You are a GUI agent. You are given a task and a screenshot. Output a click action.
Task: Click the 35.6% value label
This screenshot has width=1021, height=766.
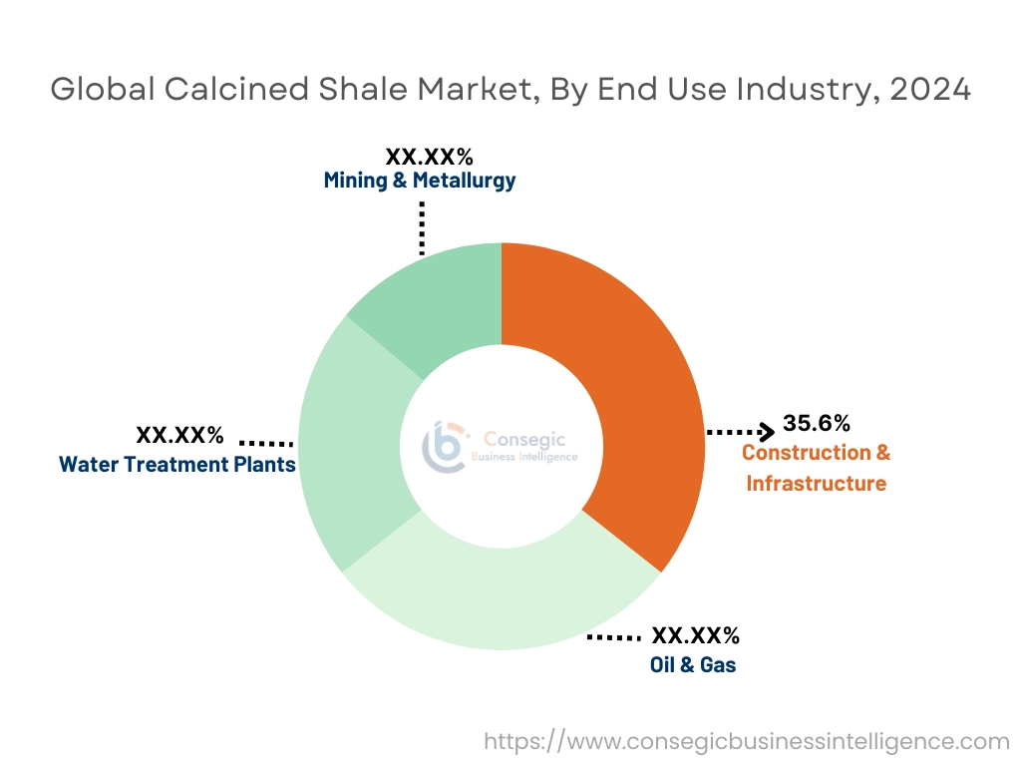coord(816,423)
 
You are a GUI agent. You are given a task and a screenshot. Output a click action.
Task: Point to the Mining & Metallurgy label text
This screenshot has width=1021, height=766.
coord(420,181)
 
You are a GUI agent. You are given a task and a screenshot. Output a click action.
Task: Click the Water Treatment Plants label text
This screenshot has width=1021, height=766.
coord(177,464)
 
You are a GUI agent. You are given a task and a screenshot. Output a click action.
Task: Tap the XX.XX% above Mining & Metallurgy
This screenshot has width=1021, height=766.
coord(429,157)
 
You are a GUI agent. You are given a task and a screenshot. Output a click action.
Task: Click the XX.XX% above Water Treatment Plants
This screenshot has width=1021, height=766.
coord(179,436)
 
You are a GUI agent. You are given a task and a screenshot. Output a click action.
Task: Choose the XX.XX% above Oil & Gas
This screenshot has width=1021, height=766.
coord(695,635)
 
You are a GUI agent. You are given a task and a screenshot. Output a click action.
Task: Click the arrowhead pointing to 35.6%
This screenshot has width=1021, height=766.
coord(767,432)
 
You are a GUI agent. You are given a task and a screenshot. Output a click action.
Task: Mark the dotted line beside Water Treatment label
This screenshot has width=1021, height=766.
coord(266,443)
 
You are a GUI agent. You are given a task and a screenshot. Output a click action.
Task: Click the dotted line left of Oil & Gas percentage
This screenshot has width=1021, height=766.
coord(613,636)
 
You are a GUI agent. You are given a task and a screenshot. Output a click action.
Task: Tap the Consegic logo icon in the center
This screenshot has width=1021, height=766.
coord(444,447)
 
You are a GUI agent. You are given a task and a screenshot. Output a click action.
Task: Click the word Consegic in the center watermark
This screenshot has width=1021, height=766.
coord(517,438)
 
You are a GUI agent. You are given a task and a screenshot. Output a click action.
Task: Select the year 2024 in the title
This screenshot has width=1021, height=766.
coord(929,89)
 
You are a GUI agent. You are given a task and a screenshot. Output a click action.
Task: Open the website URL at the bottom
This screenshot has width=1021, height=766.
coord(747,741)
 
